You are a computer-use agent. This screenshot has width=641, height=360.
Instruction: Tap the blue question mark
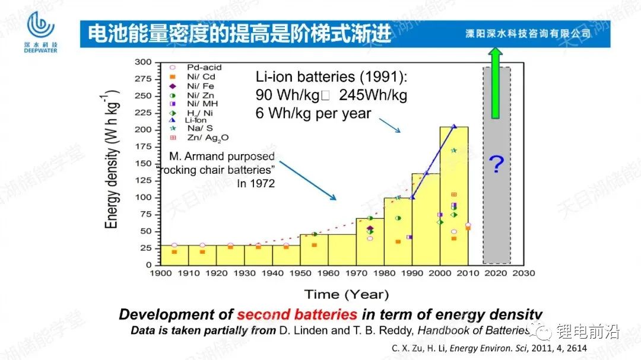coord(496,166)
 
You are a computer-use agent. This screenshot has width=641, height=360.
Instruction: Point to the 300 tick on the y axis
coord(144,62)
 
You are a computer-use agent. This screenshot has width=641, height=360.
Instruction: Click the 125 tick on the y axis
coord(144,180)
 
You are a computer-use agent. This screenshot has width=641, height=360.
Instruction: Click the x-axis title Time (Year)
coord(347,294)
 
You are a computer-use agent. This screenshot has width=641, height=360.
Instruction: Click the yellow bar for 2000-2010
coord(453,196)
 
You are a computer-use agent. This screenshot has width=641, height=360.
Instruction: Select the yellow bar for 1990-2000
coord(426,219)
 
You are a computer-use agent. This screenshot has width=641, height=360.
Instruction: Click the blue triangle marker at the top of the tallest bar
coord(454,126)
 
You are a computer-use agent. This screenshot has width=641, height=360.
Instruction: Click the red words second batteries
coord(297,315)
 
